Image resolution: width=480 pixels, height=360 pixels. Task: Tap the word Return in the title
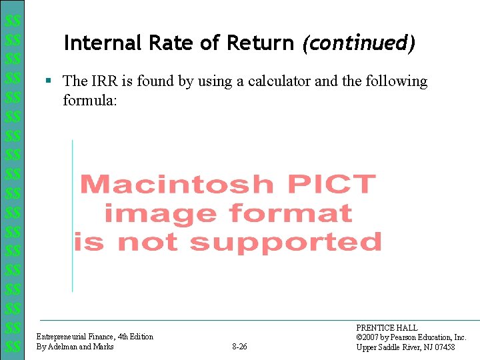coord(261,43)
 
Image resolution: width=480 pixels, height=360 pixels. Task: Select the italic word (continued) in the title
coord(359,44)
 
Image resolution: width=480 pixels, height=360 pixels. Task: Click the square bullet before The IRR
coord(48,81)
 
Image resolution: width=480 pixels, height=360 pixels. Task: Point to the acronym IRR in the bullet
coord(103,81)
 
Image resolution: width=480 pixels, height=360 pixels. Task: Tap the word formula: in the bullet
coord(90,100)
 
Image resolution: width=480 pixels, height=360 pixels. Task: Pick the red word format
coord(290,213)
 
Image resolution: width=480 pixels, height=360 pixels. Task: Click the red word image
coord(160,213)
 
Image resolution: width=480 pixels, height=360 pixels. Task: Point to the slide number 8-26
coord(239,347)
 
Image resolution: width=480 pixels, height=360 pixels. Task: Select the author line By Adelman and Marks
coord(75,347)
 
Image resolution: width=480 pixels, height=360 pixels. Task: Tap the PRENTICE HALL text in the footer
coord(387,328)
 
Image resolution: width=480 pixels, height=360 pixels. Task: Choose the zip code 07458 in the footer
coord(443,347)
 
